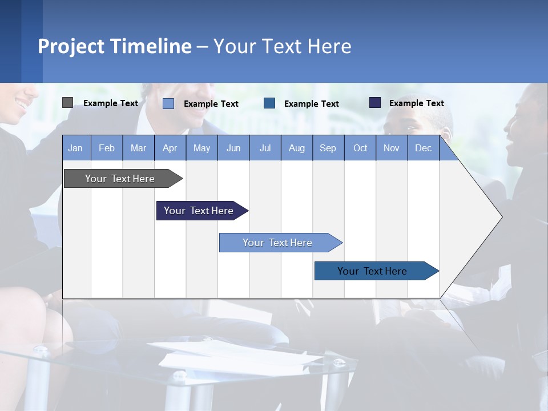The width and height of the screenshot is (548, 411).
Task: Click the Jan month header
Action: pos(75,148)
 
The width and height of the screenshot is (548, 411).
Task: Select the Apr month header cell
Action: pos(170,148)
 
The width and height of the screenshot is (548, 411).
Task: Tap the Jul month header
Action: pos(265,148)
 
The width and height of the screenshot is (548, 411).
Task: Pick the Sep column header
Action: pos(328,148)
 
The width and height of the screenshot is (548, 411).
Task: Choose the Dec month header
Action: pos(423,148)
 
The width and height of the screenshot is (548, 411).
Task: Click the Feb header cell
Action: pos(107,148)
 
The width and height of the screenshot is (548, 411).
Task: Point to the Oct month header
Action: pos(360,148)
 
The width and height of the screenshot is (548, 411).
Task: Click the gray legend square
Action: pos(67,103)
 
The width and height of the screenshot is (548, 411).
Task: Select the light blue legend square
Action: pos(168,103)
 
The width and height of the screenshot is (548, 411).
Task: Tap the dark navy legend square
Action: pos(375,103)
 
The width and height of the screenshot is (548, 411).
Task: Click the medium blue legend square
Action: pos(269,103)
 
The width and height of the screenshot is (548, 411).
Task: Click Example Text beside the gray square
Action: pos(111,103)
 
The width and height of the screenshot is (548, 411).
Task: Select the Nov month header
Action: pos(392,148)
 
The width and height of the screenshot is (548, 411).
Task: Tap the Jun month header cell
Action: pos(233,148)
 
